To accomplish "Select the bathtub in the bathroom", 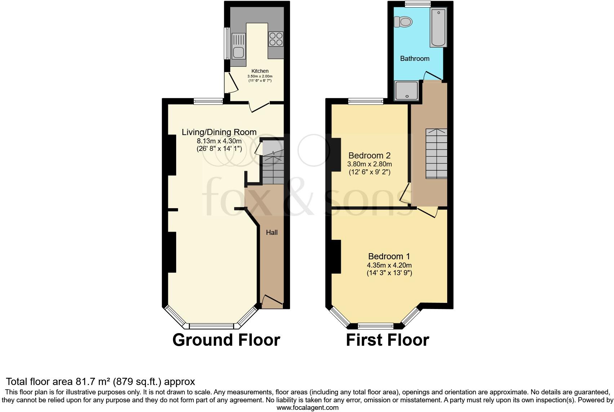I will pyautogui.click(x=438, y=28).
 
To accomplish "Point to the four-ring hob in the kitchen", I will pyautogui.click(x=276, y=39).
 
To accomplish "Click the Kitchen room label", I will pyautogui.click(x=260, y=71).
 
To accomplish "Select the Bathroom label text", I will pyautogui.click(x=415, y=58).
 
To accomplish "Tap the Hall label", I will pyautogui.click(x=272, y=233).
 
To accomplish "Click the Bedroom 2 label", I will pyautogui.click(x=369, y=156).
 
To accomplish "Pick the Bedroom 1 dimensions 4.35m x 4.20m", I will pyautogui.click(x=389, y=265).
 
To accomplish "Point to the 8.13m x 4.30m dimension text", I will pyautogui.click(x=219, y=141).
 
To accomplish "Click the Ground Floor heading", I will pyautogui.click(x=226, y=340).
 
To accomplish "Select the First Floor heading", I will pyautogui.click(x=387, y=340).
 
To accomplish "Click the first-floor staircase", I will pyautogui.click(x=436, y=154).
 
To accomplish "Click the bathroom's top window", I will pyautogui.click(x=418, y=4).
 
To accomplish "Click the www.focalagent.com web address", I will pyautogui.click(x=307, y=408).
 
